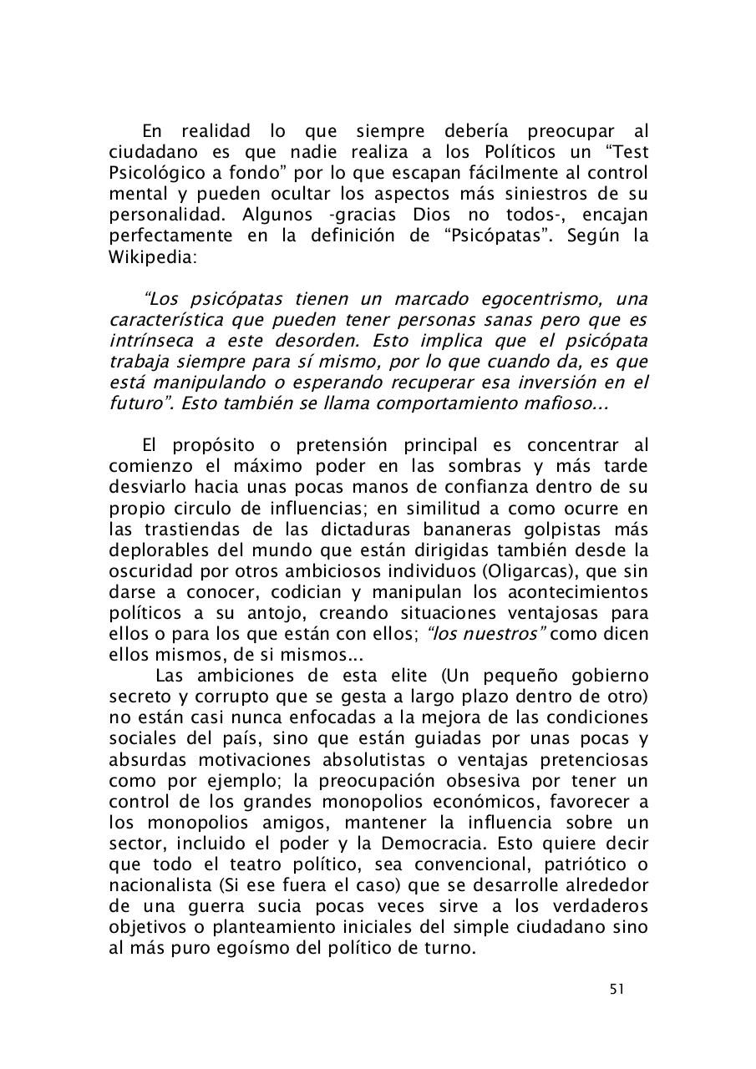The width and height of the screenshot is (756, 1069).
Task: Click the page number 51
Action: (617, 989)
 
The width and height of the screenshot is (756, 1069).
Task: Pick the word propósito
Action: (216, 445)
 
